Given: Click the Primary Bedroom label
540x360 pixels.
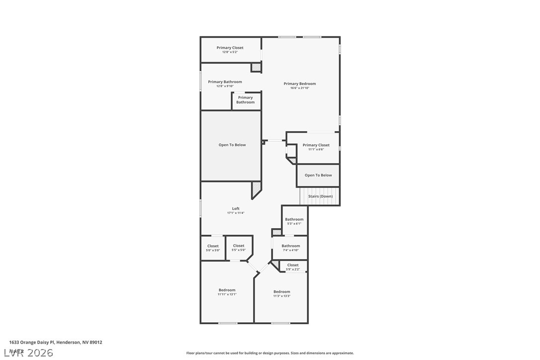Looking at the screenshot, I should pyautogui.click(x=299, y=84).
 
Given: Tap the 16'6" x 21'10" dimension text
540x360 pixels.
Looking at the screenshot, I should pyautogui.click(x=299, y=88).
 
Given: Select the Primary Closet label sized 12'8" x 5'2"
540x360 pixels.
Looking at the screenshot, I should pyautogui.click(x=230, y=48).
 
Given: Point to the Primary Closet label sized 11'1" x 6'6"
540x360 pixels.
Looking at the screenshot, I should pyautogui.click(x=316, y=145).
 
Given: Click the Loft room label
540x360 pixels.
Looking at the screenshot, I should pyautogui.click(x=236, y=209).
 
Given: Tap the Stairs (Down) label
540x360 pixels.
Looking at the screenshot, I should pyautogui.click(x=320, y=196).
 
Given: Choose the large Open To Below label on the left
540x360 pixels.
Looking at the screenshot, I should pyautogui.click(x=232, y=145).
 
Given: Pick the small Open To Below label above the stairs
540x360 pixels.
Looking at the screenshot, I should pyautogui.click(x=318, y=175).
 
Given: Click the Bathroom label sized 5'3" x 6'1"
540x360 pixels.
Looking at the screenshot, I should pyautogui.click(x=294, y=219).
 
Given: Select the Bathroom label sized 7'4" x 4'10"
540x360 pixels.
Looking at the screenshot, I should pyautogui.click(x=291, y=246).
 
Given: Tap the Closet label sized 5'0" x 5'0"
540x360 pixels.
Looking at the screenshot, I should pyautogui.click(x=213, y=246).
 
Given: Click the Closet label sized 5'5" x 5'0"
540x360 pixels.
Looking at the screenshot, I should pyautogui.click(x=239, y=246).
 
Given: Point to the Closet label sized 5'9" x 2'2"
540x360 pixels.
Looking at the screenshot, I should pyautogui.click(x=293, y=265).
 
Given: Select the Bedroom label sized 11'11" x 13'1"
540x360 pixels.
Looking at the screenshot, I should pyautogui.click(x=227, y=290).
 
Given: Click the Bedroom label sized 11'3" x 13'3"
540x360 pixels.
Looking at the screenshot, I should pyautogui.click(x=281, y=292).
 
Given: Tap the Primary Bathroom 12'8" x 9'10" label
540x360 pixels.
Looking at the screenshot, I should pyautogui.click(x=225, y=82).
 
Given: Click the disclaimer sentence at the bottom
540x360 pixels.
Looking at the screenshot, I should pyautogui.click(x=270, y=353).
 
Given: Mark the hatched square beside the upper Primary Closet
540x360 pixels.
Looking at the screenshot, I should pyautogui.click(x=256, y=67).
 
